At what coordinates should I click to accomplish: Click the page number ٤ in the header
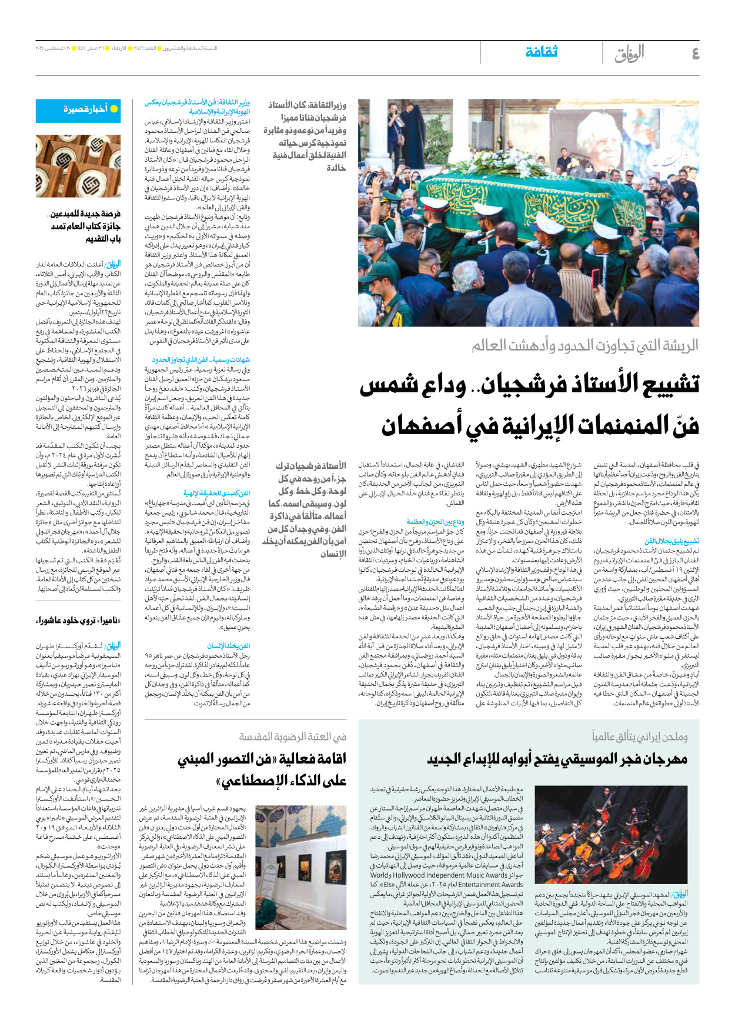tap(695, 54)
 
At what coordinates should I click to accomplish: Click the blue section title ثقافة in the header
tap(542, 52)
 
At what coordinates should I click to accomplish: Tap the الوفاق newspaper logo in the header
tap(629, 54)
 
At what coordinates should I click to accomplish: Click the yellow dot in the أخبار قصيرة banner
tap(114, 109)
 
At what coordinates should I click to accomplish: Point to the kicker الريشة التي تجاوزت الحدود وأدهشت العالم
tap(584, 345)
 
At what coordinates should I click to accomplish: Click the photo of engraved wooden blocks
tap(78, 166)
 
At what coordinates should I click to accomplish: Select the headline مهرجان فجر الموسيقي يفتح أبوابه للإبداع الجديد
tap(557, 759)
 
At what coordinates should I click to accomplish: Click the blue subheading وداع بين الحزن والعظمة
tap(435, 522)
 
